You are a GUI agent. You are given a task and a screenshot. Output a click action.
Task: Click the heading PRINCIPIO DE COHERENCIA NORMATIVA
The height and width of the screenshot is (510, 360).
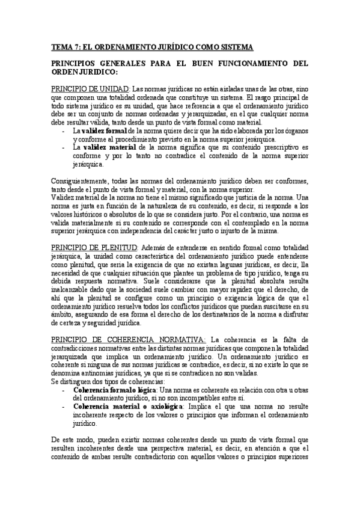tap(129, 339)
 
